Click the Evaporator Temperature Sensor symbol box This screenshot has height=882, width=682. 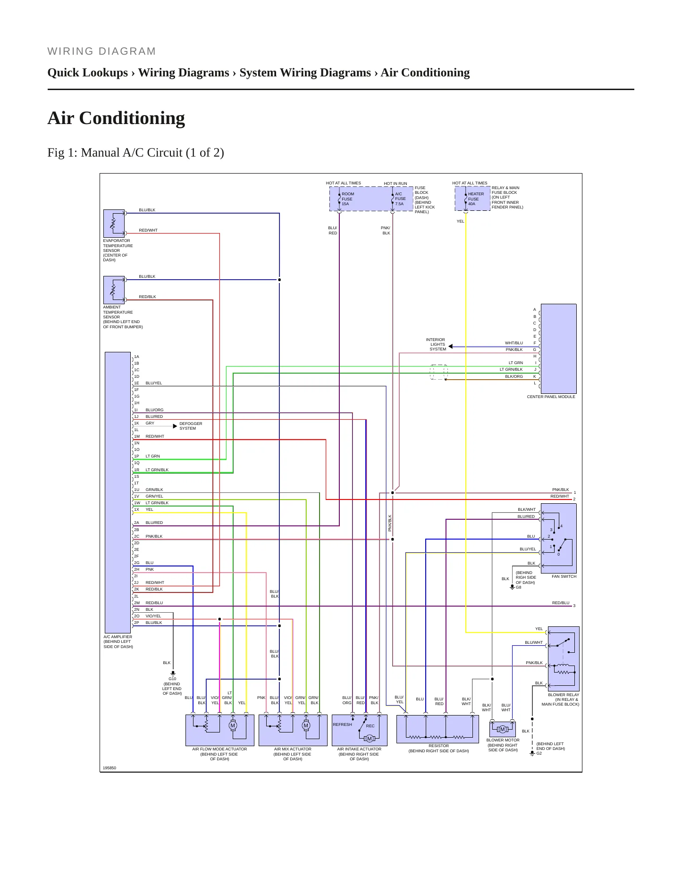coord(114,224)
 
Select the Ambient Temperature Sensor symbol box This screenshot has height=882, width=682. coord(114,290)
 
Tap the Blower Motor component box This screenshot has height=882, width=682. coord(503,729)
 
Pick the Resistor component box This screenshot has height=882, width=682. coord(438,729)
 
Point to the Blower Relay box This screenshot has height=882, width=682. coord(564,659)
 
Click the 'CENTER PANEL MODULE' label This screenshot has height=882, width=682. coord(551,397)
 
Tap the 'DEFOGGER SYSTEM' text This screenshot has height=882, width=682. coord(191,426)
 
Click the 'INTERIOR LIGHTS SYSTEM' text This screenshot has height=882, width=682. coord(436,344)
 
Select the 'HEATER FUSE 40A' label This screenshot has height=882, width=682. coord(475,199)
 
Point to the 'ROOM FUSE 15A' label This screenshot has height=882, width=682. coord(347,199)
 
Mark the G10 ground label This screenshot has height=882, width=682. coord(172,679)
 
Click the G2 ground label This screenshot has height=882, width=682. coord(539,753)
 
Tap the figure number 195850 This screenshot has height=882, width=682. coord(109,768)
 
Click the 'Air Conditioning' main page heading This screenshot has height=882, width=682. coord(116,118)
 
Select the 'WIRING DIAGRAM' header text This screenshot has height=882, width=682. coord(101,51)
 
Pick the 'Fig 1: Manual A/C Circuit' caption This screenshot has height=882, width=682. coord(136,153)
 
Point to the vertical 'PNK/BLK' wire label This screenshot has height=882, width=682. coord(390,523)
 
